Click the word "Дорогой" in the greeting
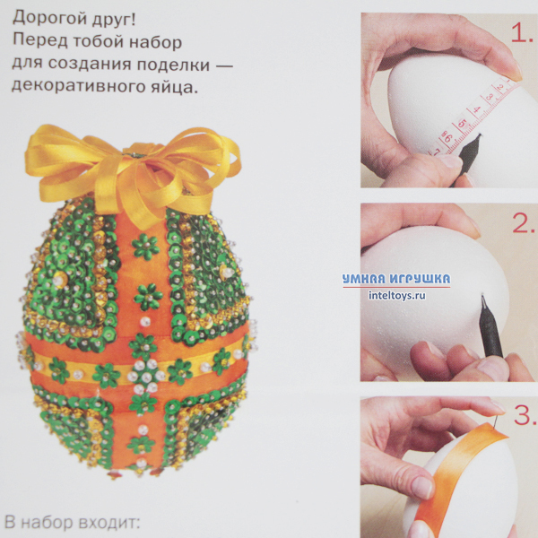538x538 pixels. pos(48,19)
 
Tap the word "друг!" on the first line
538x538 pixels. pos(113,19)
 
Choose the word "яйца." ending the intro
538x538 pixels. pos(174,87)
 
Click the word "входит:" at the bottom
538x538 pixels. pos(109,523)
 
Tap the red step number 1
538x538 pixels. pos(522,33)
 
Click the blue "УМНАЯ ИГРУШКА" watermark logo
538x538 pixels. pos(396,279)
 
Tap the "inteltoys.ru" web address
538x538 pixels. pos(397,295)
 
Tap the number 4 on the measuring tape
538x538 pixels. pos(477,109)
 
